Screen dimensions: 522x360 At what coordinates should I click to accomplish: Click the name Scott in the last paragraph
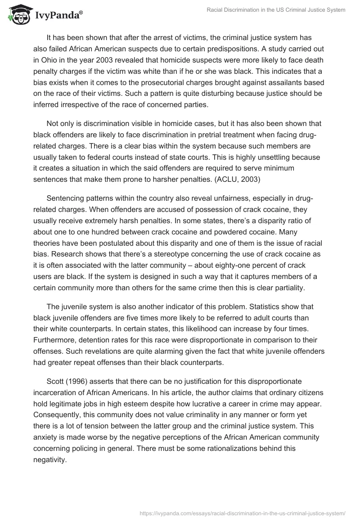coord(56,382)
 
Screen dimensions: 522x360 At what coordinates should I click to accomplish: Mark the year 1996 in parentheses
coord(80,382)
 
